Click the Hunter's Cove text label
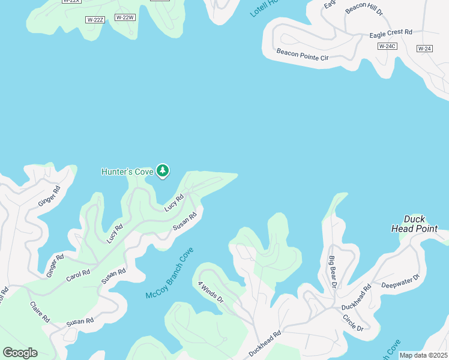click(x=127, y=172)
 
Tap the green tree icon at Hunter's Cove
click(x=162, y=171)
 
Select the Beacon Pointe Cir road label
click(x=303, y=55)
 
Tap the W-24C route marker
click(x=387, y=46)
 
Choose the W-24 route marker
click(x=424, y=48)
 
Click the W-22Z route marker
click(x=95, y=20)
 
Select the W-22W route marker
click(x=124, y=17)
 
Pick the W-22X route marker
click(x=71, y=1)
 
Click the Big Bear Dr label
click(x=331, y=272)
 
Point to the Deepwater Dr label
click(x=399, y=280)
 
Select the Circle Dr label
click(x=352, y=323)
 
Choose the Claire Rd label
click(x=40, y=312)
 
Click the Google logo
click(x=20, y=353)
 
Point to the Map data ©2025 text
click(x=423, y=355)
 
